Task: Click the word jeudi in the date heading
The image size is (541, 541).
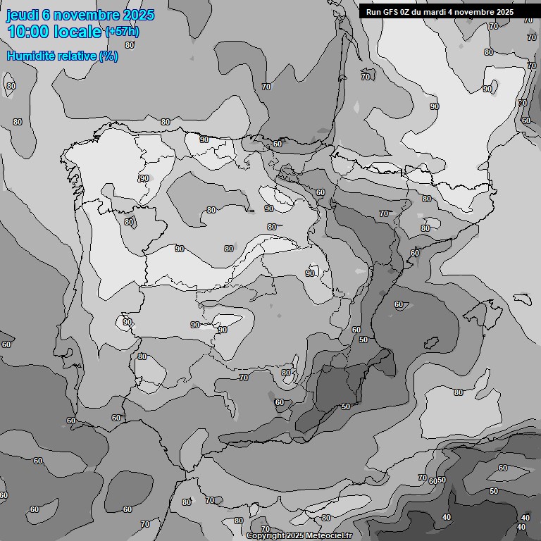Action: (x=21, y=15)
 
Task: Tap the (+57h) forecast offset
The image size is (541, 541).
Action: (x=122, y=32)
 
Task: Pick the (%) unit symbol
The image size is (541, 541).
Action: (x=108, y=56)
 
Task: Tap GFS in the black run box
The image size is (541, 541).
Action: (x=392, y=12)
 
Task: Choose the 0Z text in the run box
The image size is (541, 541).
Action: (x=409, y=12)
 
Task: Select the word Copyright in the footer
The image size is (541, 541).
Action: (x=266, y=536)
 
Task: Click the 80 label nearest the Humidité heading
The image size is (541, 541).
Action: (x=130, y=45)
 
